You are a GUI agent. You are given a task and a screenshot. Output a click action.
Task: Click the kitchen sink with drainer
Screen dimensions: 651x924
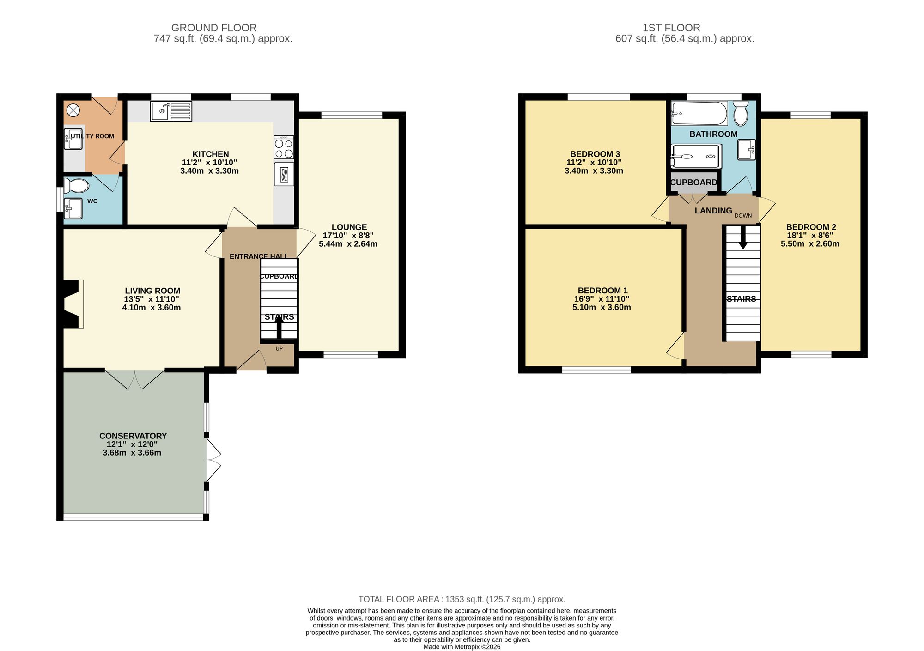171,111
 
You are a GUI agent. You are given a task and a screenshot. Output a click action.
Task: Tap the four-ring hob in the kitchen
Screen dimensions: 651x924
284,147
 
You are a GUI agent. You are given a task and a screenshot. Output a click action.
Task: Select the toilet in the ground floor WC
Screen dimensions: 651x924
76,186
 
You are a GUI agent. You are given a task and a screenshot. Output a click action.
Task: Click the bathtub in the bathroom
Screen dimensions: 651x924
699,113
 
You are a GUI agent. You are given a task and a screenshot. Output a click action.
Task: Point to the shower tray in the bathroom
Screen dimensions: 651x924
696,156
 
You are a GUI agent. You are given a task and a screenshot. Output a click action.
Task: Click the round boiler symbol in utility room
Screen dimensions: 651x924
73,110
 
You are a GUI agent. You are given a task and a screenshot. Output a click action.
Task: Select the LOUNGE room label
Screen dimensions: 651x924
349,227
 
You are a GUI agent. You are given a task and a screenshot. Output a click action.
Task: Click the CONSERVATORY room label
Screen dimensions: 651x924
133,436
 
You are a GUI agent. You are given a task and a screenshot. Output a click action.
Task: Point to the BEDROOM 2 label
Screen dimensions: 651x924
811,227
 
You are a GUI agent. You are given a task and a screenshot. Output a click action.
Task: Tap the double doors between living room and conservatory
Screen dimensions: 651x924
134,379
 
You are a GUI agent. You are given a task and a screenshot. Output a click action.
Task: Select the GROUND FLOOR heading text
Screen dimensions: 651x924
214,28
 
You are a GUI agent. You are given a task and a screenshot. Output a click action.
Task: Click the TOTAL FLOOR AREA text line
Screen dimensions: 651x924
462,599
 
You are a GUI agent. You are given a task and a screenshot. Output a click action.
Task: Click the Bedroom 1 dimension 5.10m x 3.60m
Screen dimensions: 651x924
602,307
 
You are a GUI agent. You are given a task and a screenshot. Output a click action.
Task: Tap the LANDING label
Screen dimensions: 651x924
713,211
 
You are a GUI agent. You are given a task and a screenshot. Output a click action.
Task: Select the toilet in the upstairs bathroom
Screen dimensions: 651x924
741,114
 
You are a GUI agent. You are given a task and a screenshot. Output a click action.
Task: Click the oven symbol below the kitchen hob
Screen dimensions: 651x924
284,174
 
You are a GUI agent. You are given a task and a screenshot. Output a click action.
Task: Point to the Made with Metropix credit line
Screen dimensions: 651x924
462,647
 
